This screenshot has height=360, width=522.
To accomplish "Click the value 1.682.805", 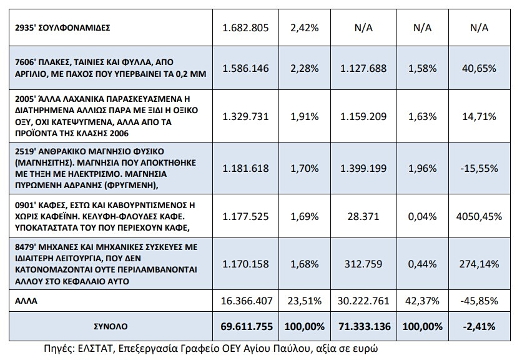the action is tap(245, 27).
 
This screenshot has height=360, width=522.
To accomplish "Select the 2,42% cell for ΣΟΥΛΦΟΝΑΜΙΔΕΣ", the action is tap(305, 27).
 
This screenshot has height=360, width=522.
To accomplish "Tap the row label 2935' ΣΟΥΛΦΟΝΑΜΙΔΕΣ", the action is tap(62, 27).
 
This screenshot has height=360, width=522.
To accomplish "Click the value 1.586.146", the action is tap(245, 68).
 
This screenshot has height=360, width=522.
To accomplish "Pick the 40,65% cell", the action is tap(479, 68).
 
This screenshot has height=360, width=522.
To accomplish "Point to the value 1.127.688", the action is tap(363, 68).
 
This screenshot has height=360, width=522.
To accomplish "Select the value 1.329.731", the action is tap(245, 116).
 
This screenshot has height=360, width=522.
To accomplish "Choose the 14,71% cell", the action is tap(479, 116).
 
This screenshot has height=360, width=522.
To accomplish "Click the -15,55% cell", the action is tap(479, 168).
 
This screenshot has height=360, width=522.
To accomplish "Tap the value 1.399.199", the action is tap(363, 168).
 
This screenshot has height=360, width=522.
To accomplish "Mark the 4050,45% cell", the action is tap(479, 217).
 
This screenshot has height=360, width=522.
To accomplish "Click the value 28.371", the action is tap(363, 217).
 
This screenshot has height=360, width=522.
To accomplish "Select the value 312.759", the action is tap(363, 264).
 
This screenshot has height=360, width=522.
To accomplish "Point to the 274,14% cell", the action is tap(479, 264).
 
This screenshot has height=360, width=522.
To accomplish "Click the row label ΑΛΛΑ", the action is tap(26, 301).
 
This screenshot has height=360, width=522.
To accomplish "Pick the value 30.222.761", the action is tap(363, 301).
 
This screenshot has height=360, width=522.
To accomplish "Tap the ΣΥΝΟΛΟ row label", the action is tap(111, 326).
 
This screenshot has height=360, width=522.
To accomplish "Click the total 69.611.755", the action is tap(247, 326).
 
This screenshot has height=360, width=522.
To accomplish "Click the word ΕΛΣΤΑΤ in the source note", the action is tap(96, 349).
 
